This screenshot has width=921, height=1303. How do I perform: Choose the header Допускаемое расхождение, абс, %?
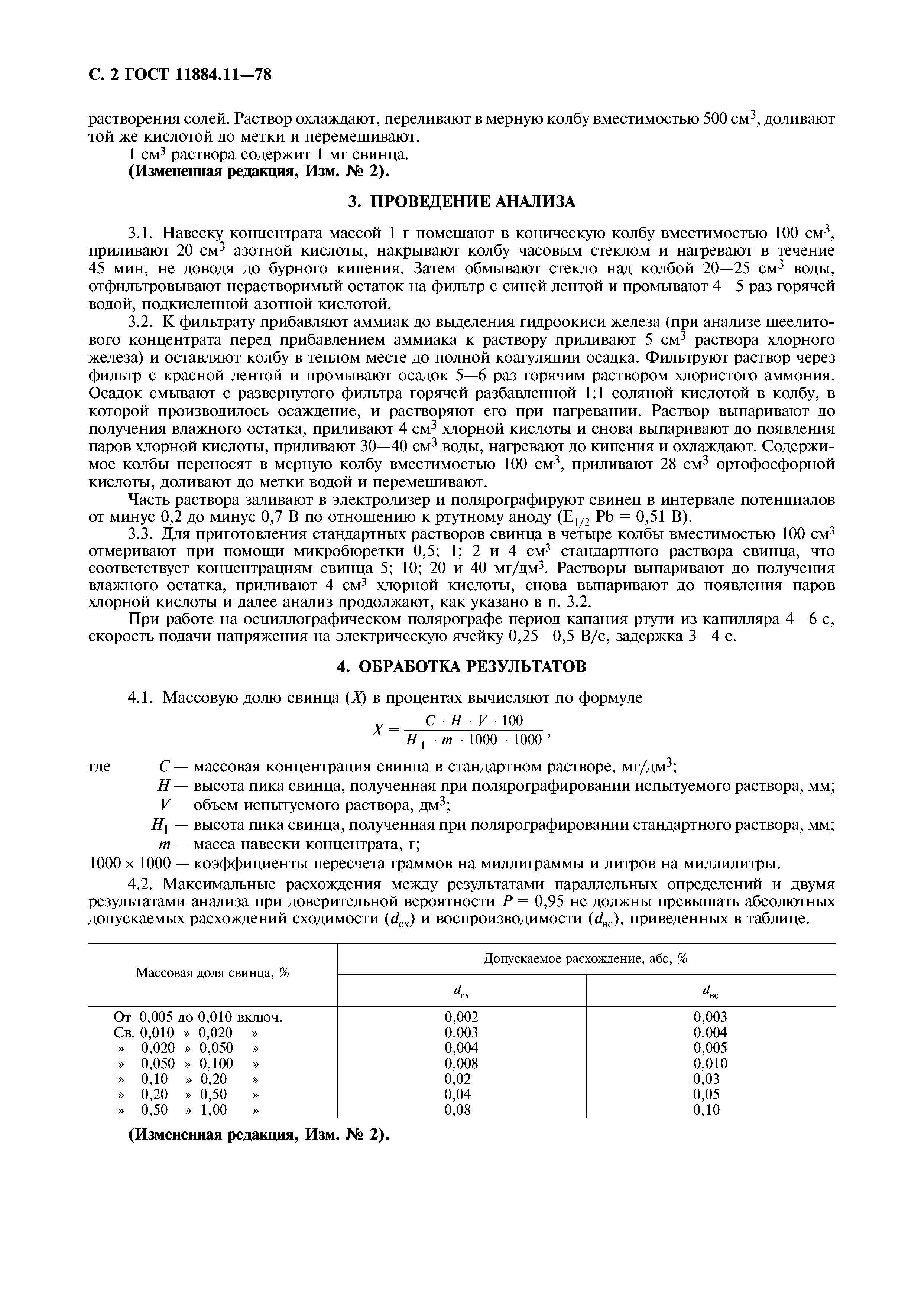tap(585, 959)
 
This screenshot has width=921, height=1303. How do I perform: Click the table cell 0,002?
tap(461, 1017)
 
